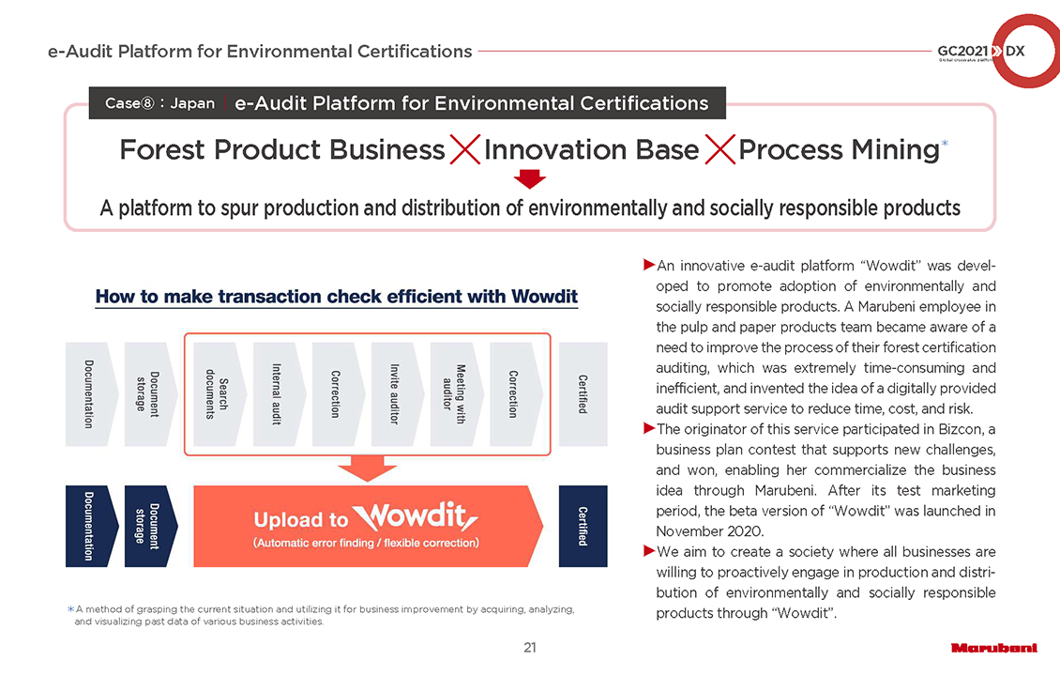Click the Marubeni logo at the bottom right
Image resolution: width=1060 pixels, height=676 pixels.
[x=993, y=648]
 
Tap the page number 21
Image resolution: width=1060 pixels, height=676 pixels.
[x=530, y=648]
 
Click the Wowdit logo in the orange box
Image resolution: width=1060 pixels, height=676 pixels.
[x=415, y=517]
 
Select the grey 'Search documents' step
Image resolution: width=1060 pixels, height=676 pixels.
[x=217, y=393]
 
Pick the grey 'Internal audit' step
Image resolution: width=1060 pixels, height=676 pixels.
[x=276, y=393]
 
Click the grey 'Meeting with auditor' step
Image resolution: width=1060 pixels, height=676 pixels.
[x=454, y=393]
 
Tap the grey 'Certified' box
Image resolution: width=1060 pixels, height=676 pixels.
[x=583, y=393]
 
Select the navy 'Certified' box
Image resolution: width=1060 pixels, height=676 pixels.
[x=583, y=526]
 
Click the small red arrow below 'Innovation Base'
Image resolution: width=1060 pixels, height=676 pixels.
[x=529, y=179]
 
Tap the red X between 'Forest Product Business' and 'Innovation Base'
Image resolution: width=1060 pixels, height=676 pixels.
[x=465, y=149]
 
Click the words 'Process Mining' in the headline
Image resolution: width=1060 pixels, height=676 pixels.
[x=839, y=150]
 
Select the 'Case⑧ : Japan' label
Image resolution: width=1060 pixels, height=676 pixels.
[x=159, y=103]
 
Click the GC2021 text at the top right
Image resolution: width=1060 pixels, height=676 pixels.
[x=962, y=51]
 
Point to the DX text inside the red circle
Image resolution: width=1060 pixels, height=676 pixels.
[x=1015, y=51]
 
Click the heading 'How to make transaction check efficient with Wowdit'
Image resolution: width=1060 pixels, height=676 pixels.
[x=337, y=297]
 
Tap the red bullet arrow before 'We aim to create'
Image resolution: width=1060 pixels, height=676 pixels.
[x=649, y=551]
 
